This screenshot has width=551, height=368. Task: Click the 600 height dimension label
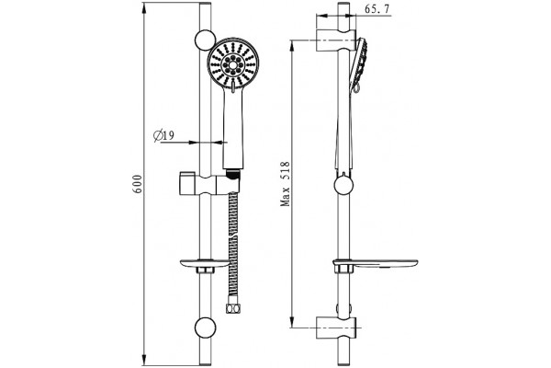138,183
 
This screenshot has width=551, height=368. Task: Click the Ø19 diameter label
163,135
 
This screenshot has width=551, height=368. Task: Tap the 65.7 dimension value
377,9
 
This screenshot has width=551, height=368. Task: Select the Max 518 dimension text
285,183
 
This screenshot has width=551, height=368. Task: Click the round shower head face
232,64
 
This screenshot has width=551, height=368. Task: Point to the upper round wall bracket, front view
205,40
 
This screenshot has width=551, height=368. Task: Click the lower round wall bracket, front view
205,328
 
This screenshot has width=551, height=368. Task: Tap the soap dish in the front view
205,264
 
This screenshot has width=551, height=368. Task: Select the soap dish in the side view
376,263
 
